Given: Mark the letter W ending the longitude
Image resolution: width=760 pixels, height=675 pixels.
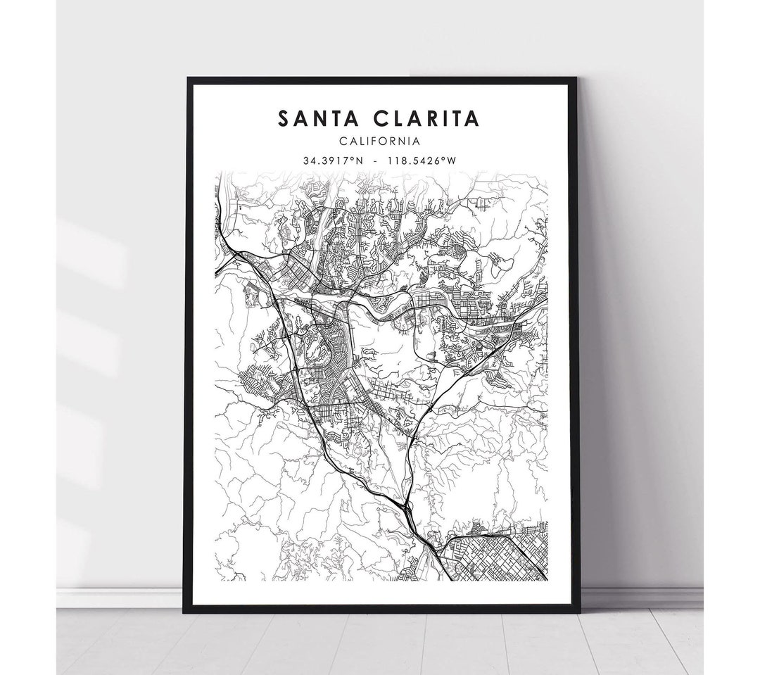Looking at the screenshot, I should [452, 160].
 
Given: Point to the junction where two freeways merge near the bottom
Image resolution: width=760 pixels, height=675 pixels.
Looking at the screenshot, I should [406, 505].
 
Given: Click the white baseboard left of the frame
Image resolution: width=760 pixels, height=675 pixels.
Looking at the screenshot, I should [120, 598].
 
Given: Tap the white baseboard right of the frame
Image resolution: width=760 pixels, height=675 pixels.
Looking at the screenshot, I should [640, 598].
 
